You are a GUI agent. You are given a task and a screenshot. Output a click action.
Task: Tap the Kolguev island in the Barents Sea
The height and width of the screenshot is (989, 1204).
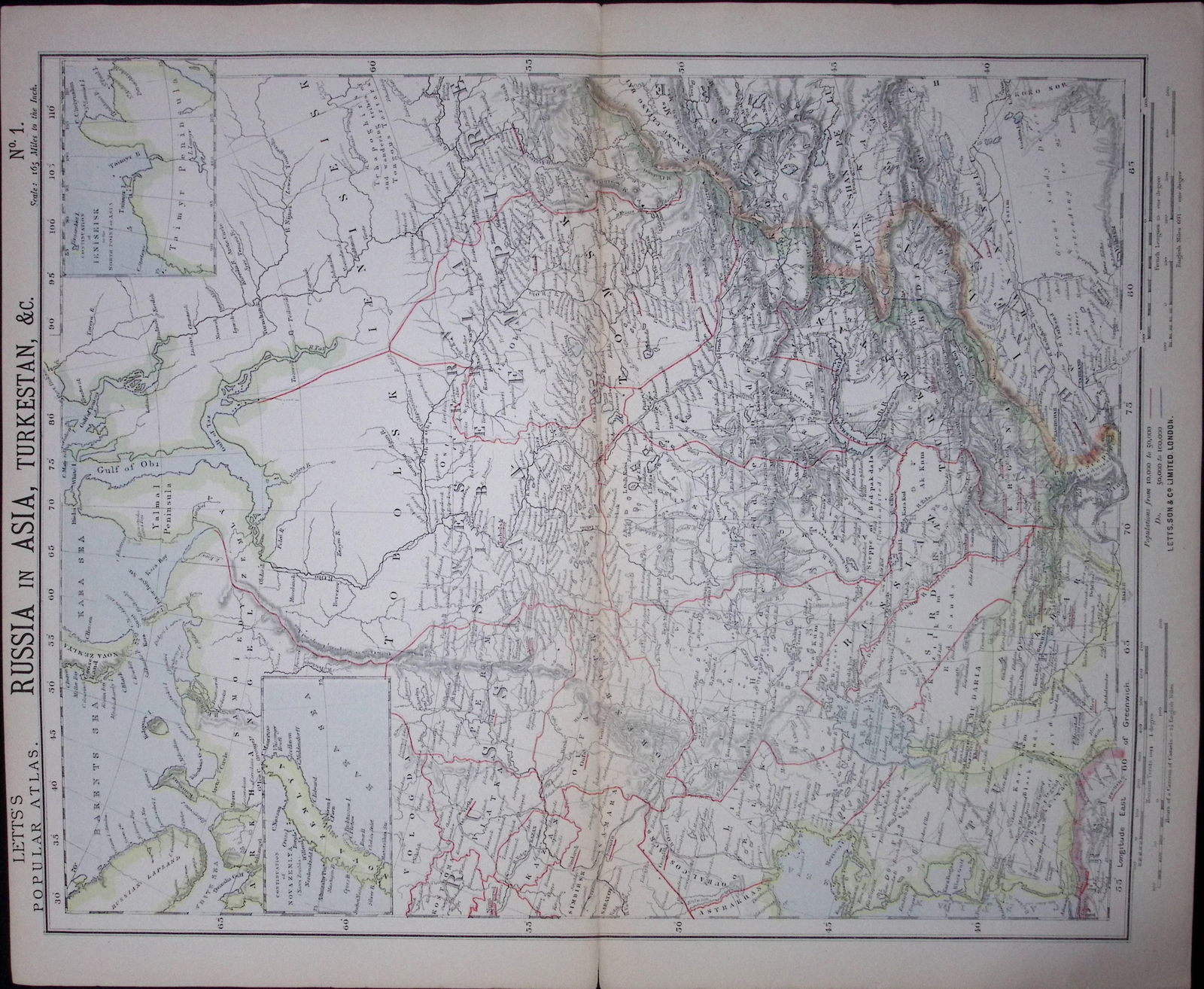[157, 726]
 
